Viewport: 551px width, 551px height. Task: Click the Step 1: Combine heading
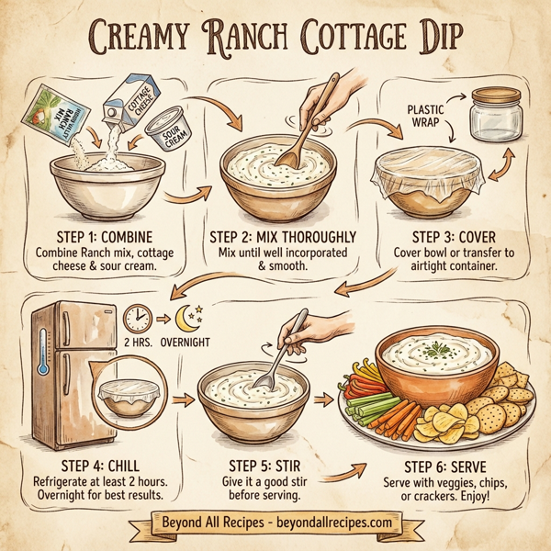pos(97,236)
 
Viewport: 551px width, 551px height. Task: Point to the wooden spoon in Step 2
pos(297,138)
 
